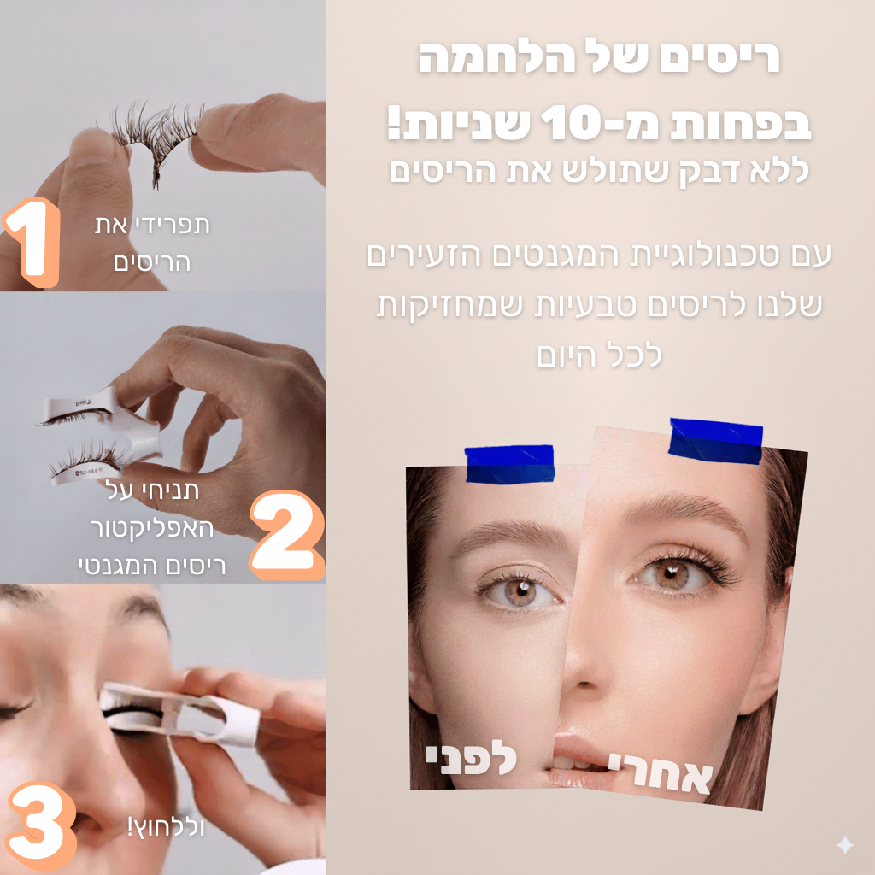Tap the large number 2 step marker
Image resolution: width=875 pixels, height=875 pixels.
(x=287, y=534)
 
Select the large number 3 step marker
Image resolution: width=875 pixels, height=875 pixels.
(x=42, y=825)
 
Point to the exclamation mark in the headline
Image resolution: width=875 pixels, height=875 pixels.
(x=395, y=123)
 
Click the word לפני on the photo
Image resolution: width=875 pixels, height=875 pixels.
(x=472, y=760)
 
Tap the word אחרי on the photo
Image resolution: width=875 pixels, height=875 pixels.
(x=661, y=772)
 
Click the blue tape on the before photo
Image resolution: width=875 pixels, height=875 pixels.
(x=509, y=463)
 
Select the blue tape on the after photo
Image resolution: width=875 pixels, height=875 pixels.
(x=715, y=441)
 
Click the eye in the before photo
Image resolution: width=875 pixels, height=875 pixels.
(x=518, y=590)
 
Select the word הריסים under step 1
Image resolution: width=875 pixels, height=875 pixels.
(x=152, y=261)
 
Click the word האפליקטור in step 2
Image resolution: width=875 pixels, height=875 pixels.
(x=152, y=528)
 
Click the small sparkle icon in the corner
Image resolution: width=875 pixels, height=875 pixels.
(x=845, y=845)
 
